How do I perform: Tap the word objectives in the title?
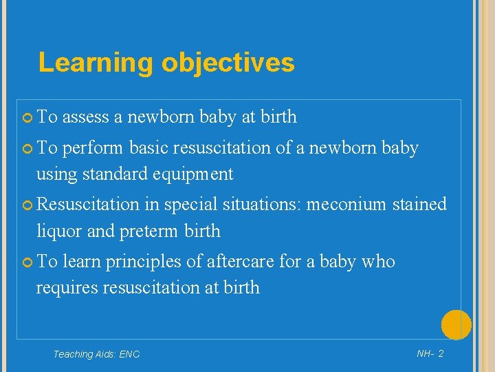(228, 63)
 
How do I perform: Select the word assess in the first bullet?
(86, 118)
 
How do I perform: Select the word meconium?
(348, 205)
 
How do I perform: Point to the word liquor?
(59, 231)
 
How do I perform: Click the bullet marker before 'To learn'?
(27, 262)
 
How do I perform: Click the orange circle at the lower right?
(456, 325)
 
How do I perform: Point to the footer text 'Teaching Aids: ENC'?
(96, 354)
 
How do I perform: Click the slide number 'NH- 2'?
(430, 353)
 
